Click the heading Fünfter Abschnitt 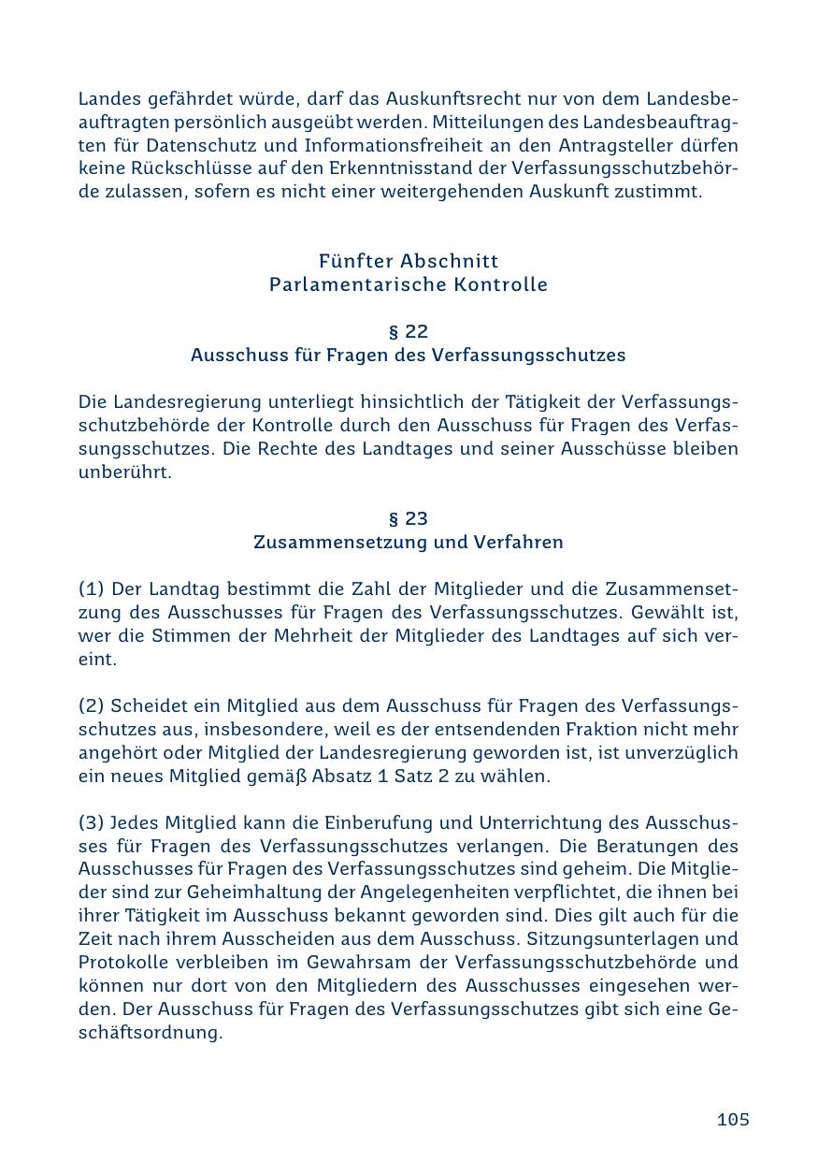pos(409,261)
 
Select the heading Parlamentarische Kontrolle pos(409,284)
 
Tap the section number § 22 pos(409,332)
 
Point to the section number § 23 pos(409,519)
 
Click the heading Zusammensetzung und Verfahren pos(409,543)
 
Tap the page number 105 pos(733,1120)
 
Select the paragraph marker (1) pos(92,589)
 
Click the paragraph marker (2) pos(92,706)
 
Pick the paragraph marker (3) pos(92,823)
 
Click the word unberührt pos(125,472)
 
